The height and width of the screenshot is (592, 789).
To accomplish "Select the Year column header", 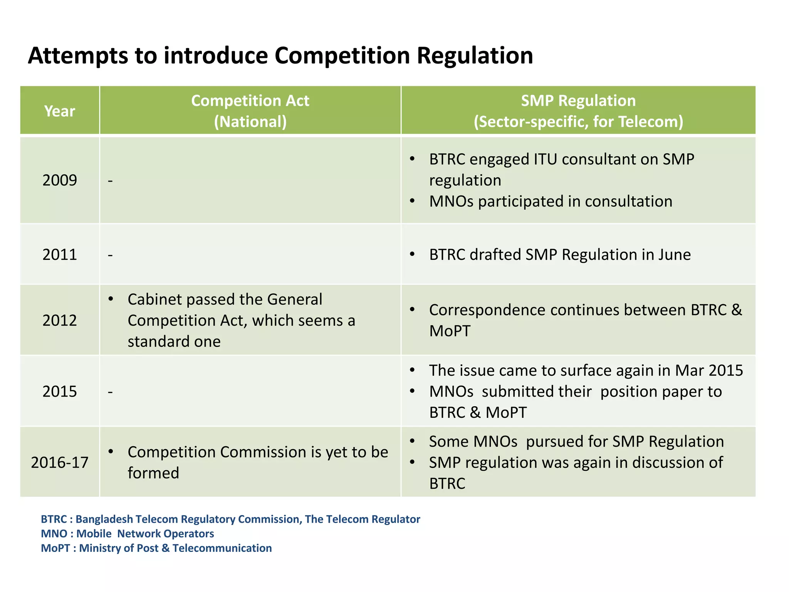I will click(x=60, y=111).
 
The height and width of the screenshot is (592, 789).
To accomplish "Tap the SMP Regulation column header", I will click(x=578, y=101).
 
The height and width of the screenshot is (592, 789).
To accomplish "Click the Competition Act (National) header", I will click(x=250, y=111).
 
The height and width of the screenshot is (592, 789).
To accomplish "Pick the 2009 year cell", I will click(x=60, y=180).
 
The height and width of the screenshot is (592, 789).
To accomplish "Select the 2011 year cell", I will click(x=60, y=255).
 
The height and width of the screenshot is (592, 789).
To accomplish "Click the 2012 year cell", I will click(x=60, y=321).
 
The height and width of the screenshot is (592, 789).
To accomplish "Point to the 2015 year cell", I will click(x=60, y=392).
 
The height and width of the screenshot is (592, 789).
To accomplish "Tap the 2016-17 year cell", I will click(x=60, y=462).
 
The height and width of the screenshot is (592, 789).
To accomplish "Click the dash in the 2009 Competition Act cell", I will click(x=110, y=181).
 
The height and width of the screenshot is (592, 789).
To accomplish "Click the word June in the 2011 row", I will click(x=674, y=255).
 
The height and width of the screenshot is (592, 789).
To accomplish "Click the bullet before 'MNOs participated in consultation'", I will click(x=412, y=201).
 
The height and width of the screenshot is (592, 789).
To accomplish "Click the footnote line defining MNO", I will click(x=127, y=534).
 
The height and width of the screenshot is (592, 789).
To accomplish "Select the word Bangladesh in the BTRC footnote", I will click(x=104, y=520).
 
